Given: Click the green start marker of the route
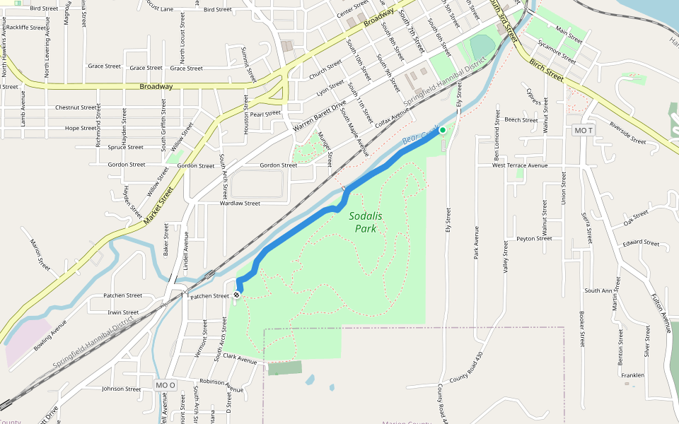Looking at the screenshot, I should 443,130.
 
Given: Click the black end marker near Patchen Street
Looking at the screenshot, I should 236,295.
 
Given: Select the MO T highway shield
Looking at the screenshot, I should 584,131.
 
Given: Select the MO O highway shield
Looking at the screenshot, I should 165,385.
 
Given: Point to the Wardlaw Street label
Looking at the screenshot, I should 240,203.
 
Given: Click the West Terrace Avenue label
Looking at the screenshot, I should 520,165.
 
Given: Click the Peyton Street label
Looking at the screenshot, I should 534,239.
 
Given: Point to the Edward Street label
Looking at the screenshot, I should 642,243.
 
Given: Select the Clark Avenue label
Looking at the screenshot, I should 239,359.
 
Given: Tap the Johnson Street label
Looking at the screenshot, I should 121,389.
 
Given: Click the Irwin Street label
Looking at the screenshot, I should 123,312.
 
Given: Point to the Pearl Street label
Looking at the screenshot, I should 265,113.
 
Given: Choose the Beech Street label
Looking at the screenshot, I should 521,120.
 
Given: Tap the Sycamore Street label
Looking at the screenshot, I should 557,52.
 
